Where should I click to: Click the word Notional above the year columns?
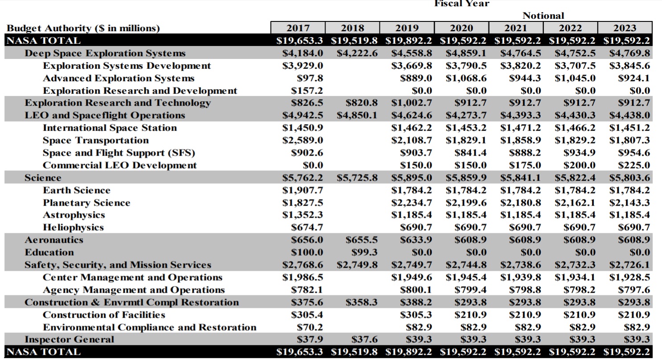[543, 16]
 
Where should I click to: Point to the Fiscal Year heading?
[461, 4]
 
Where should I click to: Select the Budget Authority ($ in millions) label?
[82, 29]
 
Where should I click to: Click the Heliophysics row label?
[73, 228]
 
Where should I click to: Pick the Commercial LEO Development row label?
[119, 166]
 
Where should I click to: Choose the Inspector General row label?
[69, 339]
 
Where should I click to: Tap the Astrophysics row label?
[74, 215]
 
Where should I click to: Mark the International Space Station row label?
[110, 128]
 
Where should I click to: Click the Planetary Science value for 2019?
[411, 203]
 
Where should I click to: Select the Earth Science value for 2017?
[303, 190]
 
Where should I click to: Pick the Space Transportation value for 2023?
[629, 141]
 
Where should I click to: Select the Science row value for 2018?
[357, 178]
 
